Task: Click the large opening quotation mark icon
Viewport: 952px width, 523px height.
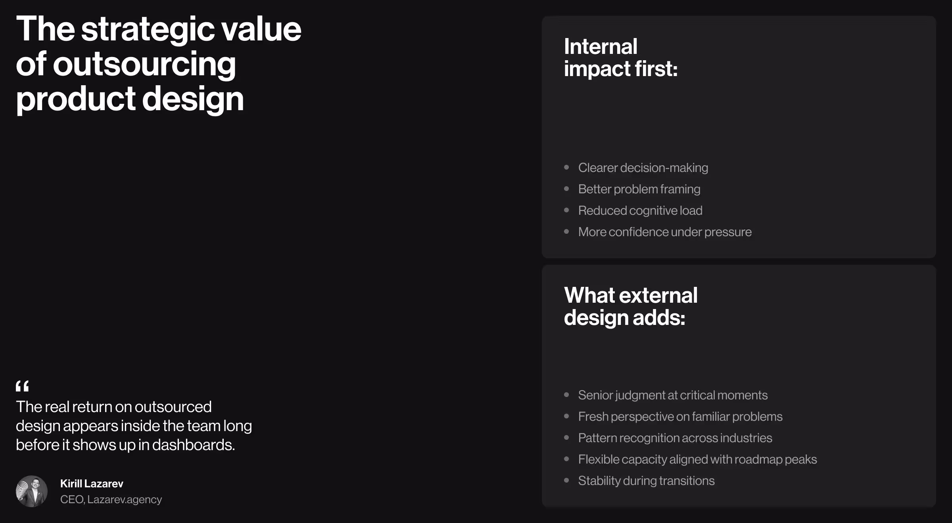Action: [22, 386]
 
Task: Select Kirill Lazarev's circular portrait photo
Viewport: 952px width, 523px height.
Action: [32, 491]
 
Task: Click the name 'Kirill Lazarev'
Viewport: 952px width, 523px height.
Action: [92, 483]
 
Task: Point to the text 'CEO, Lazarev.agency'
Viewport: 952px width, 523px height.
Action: [111, 499]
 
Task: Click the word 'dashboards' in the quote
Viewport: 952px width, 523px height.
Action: [193, 445]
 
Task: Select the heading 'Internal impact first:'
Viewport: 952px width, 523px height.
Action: [620, 58]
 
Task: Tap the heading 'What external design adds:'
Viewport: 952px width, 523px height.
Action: [630, 306]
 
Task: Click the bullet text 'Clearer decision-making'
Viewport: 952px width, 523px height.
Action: [643, 168]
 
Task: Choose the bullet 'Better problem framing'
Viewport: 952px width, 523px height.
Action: [639, 189]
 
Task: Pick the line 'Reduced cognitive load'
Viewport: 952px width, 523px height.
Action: [640, 210]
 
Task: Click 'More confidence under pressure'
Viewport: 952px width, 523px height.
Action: [665, 232]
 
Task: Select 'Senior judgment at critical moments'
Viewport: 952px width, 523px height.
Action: [673, 395]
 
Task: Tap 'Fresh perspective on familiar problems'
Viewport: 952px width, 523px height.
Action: [680, 416]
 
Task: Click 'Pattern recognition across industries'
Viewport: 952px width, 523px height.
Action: [675, 438]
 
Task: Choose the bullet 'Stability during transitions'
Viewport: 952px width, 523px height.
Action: [646, 481]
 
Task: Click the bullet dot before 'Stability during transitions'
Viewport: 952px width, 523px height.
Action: [566, 481]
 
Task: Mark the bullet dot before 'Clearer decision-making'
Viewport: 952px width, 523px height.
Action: [566, 168]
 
